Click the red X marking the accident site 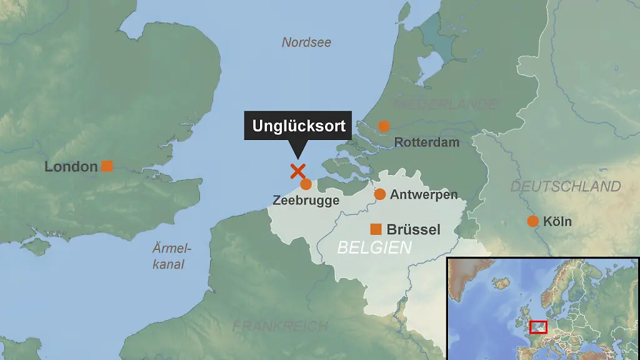click(x=297, y=171)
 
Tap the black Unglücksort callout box click(x=299, y=126)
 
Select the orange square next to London click(x=107, y=166)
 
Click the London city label click(x=71, y=167)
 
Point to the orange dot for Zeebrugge click(x=306, y=184)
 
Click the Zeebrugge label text click(x=306, y=201)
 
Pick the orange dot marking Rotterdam click(x=384, y=126)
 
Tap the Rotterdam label click(x=427, y=142)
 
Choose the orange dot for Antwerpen click(x=379, y=194)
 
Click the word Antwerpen click(x=424, y=195)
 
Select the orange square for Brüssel click(x=376, y=229)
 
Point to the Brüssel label click(x=414, y=229)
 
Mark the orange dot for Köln click(x=532, y=221)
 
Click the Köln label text click(x=557, y=221)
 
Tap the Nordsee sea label click(x=306, y=42)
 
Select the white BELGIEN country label click(x=374, y=247)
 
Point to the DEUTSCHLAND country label click(x=566, y=186)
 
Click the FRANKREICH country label click(x=280, y=326)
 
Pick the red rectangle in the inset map click(x=538, y=327)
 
